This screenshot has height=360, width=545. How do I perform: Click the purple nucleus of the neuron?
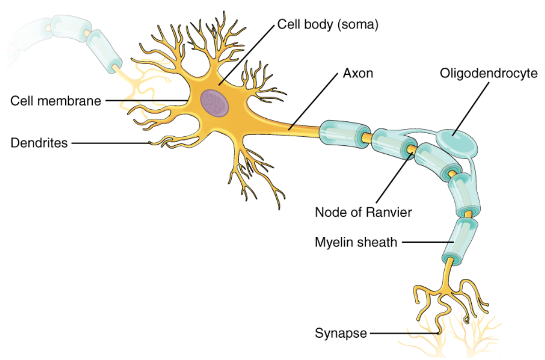215,102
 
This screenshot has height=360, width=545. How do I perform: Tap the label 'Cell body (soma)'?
328,25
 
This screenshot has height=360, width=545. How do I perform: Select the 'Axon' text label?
358,73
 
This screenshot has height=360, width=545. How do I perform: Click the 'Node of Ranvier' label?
363,212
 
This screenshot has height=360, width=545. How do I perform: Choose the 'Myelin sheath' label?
356,242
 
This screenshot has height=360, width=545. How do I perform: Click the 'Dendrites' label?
39,142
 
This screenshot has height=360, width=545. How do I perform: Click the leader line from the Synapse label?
403,333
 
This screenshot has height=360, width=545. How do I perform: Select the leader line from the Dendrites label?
111,142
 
